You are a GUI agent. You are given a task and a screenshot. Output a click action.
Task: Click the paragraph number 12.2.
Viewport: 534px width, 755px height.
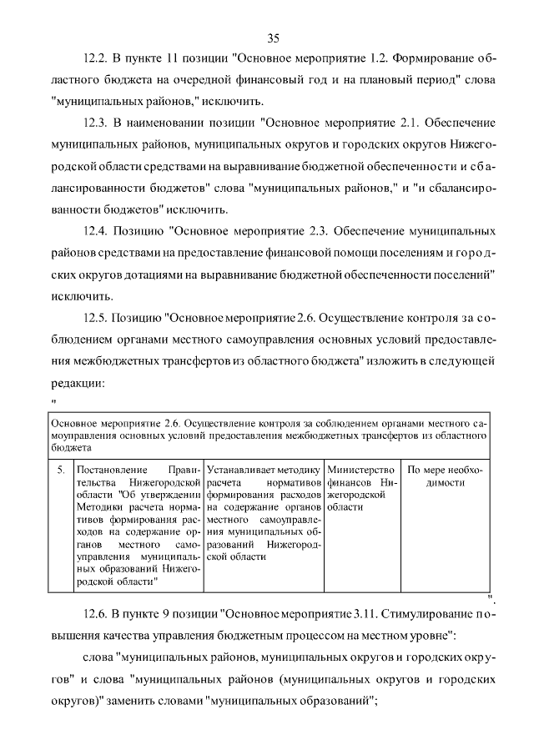click(96, 61)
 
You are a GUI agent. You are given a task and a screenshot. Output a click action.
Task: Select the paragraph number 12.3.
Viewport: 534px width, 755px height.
click(96, 123)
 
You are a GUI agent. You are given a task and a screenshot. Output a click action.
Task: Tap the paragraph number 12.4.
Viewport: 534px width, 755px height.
click(96, 230)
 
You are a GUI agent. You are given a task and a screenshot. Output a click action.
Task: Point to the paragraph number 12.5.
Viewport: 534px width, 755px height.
click(96, 318)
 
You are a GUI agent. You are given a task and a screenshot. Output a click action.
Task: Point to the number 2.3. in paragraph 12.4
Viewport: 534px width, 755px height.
click(320, 230)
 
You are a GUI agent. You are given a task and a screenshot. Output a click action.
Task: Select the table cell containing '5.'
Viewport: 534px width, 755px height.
click(60, 470)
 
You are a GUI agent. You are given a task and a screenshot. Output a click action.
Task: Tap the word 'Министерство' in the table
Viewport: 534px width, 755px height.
click(358, 470)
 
